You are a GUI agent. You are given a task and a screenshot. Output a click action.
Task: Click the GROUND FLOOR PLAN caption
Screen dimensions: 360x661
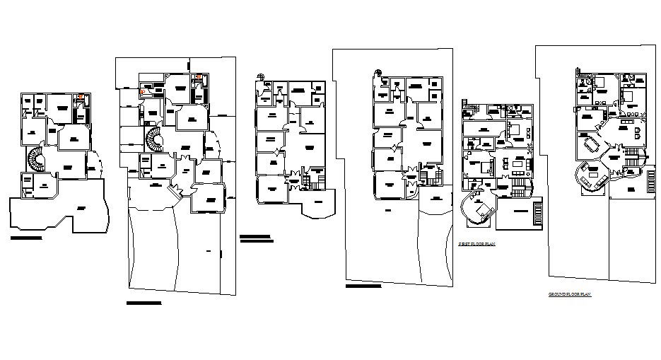[x=570, y=293]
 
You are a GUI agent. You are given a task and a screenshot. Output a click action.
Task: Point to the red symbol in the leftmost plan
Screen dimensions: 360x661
[x=81, y=97]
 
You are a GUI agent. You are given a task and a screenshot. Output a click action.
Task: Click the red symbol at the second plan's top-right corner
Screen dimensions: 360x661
[x=199, y=77]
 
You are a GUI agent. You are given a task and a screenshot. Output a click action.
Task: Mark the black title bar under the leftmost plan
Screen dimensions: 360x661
[x=26, y=238]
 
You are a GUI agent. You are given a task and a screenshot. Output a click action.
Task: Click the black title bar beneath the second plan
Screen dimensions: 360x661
[x=144, y=303]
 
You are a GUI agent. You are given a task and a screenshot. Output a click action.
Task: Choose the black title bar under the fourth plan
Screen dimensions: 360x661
[x=363, y=286]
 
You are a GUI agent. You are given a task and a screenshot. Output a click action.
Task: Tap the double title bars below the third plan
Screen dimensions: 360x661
[x=255, y=238]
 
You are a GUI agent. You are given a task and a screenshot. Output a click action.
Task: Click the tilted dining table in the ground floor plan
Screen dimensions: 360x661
[x=592, y=146]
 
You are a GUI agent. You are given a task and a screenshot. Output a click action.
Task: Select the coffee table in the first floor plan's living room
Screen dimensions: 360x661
[x=518, y=164]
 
